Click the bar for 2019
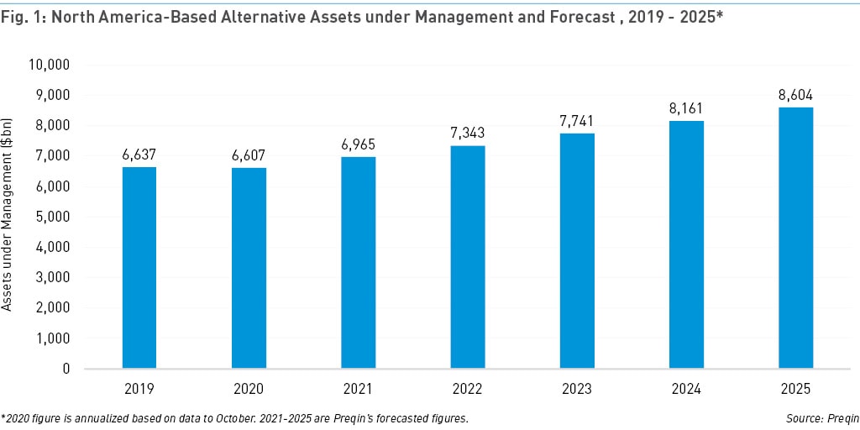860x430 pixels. point(139,267)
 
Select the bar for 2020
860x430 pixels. point(249,268)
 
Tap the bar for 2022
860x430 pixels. point(467,257)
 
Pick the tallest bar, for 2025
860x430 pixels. point(795,238)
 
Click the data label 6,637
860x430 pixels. point(139,155)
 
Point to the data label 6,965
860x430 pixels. point(358,145)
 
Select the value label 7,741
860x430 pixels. point(577,122)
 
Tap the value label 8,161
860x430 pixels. point(686,109)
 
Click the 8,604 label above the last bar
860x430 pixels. point(795,96)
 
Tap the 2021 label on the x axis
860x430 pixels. point(358,389)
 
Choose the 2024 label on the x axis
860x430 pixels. point(686,389)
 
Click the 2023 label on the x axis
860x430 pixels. point(577,389)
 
